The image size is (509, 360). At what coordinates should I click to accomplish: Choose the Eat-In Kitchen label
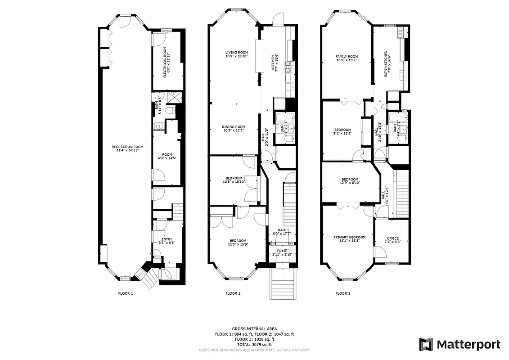point(387,63)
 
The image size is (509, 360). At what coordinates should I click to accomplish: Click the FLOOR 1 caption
point(126,293)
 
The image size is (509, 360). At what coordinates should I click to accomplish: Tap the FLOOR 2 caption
point(233,293)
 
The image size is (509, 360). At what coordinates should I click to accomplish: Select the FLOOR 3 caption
point(343,293)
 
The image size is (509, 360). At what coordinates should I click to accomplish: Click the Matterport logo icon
point(426,345)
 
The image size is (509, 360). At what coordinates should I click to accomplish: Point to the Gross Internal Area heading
point(254,329)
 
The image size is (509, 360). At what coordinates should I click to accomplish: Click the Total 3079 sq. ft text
point(254,344)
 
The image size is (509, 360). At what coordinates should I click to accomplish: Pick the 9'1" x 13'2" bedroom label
point(342,131)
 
